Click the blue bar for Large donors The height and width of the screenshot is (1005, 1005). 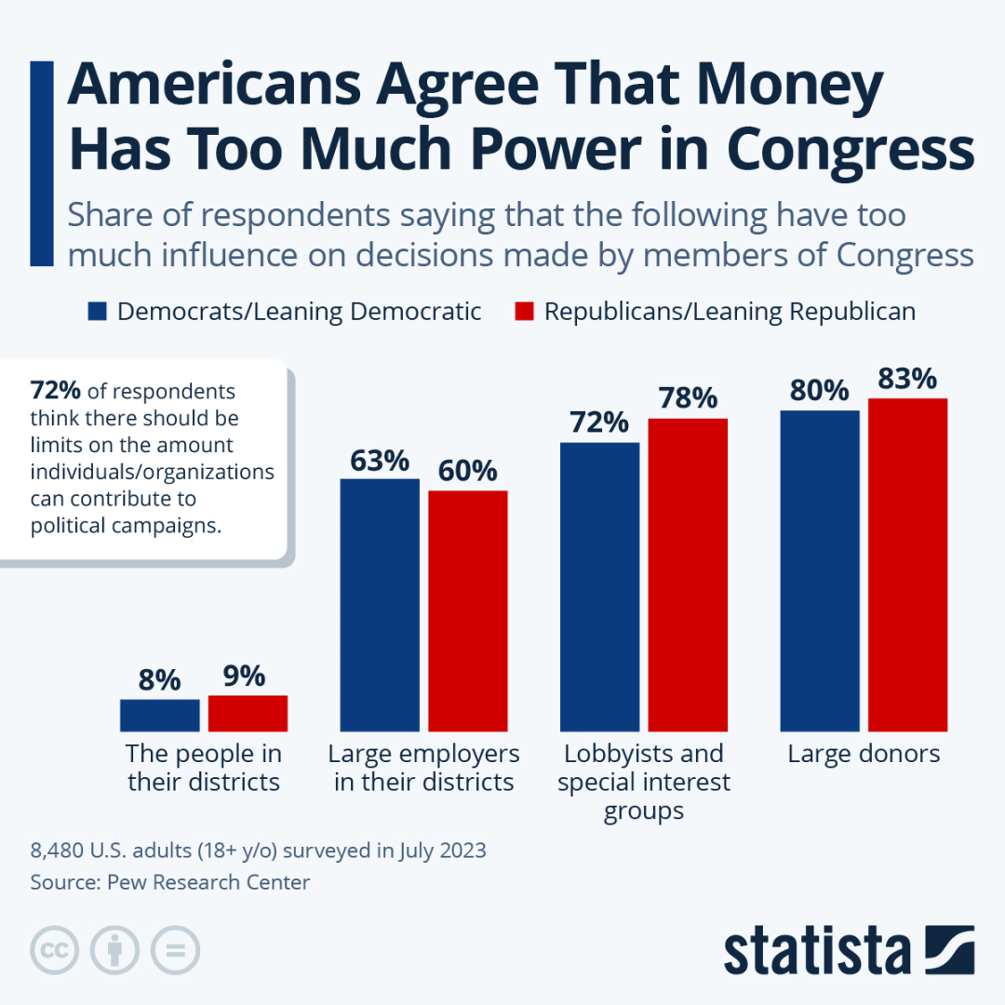[x=819, y=570]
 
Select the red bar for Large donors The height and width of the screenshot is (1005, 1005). [x=907, y=565]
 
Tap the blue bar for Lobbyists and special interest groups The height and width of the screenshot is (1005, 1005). [x=599, y=586]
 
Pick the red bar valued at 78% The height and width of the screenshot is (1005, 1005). [x=688, y=575]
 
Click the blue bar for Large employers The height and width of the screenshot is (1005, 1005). [x=380, y=605]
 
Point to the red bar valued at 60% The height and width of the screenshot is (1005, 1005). [x=467, y=610]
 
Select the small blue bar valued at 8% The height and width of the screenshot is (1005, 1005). [x=159, y=715]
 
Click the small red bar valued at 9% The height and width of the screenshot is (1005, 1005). [x=248, y=713]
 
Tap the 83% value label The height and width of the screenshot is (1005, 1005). [x=907, y=379]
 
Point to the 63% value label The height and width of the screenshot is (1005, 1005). [x=380, y=461]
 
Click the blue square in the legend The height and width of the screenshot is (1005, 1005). [x=98, y=311]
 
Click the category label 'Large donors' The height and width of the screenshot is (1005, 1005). [x=864, y=754]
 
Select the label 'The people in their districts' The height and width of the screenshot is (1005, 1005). [x=204, y=768]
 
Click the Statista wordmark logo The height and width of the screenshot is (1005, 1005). [x=817, y=951]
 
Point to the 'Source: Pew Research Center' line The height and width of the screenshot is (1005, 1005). [x=170, y=882]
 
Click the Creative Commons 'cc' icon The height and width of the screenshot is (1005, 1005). [x=54, y=950]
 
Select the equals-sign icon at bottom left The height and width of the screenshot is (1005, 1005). [x=175, y=950]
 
